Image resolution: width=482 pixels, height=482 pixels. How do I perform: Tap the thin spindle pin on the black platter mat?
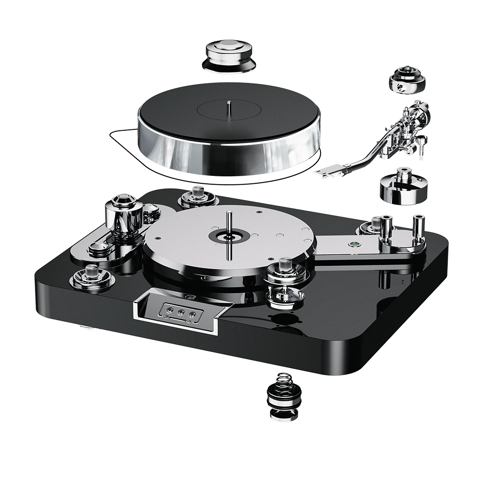[x=229, y=108]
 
